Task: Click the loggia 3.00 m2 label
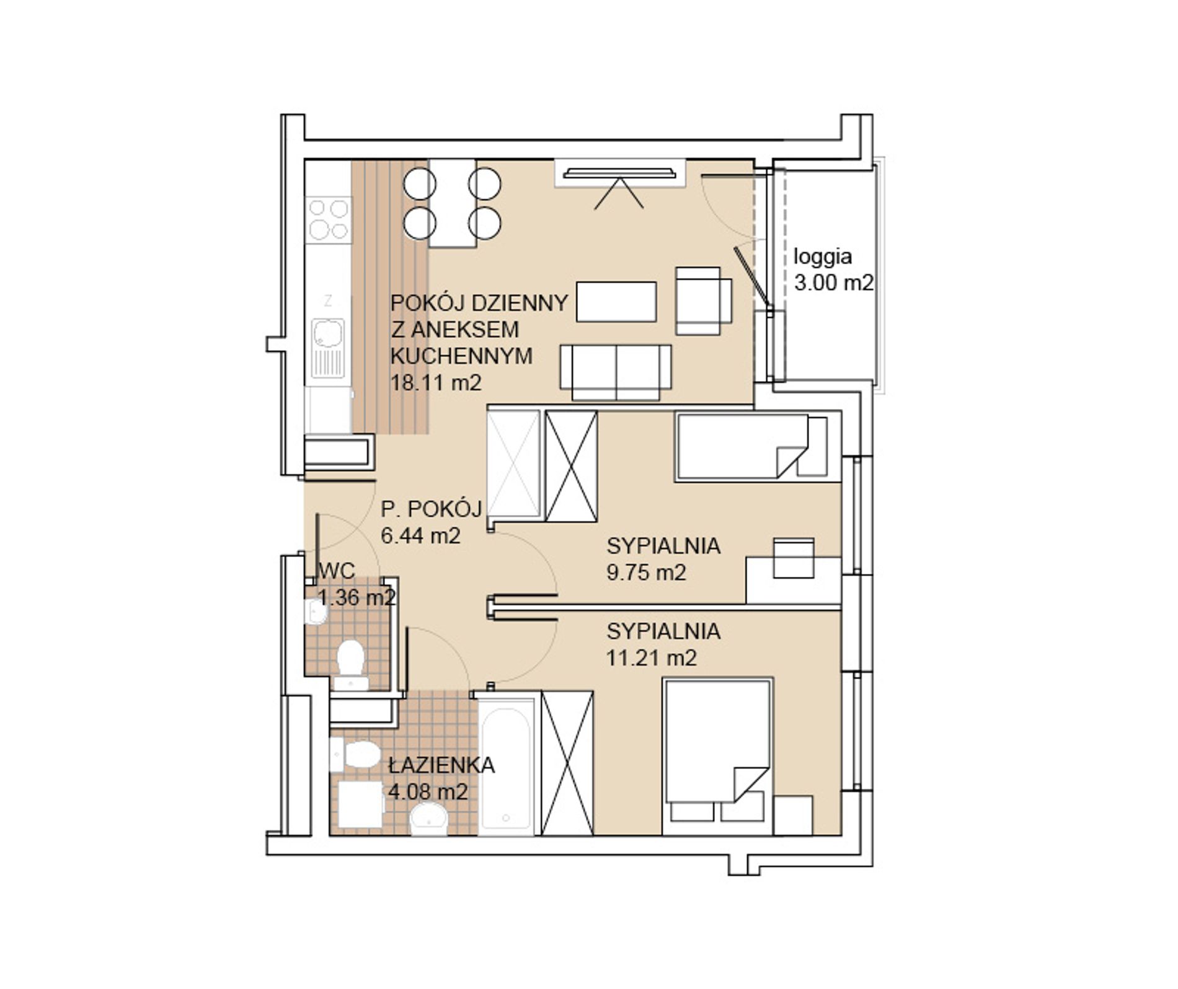[x=833, y=270]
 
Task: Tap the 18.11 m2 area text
[x=436, y=382]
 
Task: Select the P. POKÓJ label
[x=432, y=509]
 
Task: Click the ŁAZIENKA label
[x=441, y=765]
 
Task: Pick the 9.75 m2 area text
[x=647, y=573]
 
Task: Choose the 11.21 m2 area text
[x=652, y=657]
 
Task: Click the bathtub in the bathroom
[x=507, y=766]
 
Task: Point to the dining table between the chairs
[x=452, y=203]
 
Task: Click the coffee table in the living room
[x=616, y=302]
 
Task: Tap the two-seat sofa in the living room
[x=616, y=372]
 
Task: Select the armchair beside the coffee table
[x=704, y=301]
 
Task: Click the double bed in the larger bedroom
[x=718, y=756]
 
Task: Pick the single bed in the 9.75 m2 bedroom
[x=752, y=447]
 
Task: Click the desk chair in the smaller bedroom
[x=794, y=558]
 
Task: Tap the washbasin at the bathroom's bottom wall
[x=428, y=819]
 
